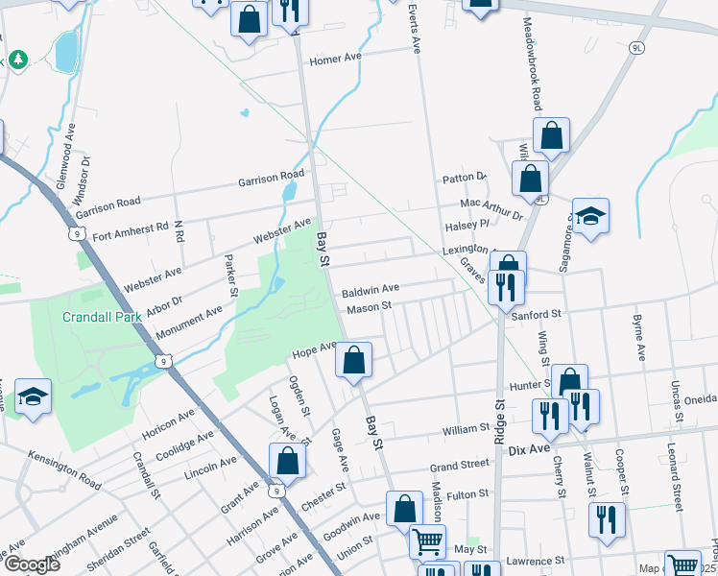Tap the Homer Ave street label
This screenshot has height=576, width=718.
pos(335,60)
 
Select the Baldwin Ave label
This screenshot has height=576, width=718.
pos(370,288)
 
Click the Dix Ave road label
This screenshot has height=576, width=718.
pos(527,449)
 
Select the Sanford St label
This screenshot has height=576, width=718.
pos(536,314)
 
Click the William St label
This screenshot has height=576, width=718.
pos(465,431)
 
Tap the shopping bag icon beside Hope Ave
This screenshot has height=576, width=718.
pos(354,362)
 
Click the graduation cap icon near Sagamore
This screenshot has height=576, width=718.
pos(591,217)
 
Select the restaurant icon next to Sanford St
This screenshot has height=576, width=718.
pos(503,285)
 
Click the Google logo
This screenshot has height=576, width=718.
pos(32,564)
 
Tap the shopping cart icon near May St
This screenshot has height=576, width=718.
pos(427,541)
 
